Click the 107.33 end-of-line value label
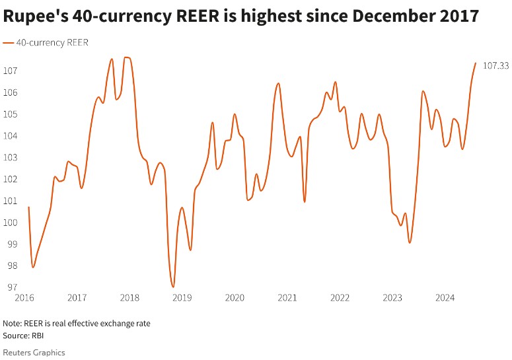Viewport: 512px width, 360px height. coord(495,65)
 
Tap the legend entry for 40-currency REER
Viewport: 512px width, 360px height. coord(46,42)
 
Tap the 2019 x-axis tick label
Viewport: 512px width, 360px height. coord(182,298)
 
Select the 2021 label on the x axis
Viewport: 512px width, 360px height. coord(287,298)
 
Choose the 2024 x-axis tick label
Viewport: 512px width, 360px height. coord(445,298)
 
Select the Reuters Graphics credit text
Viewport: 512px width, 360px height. coord(34,353)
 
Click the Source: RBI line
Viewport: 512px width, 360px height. coord(23,336)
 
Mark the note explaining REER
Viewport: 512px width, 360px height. coord(77,324)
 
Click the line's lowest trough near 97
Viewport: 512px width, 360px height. coord(173,287)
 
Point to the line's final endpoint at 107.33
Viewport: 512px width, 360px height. coord(476,63)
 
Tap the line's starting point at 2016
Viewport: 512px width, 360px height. coord(28,207)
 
